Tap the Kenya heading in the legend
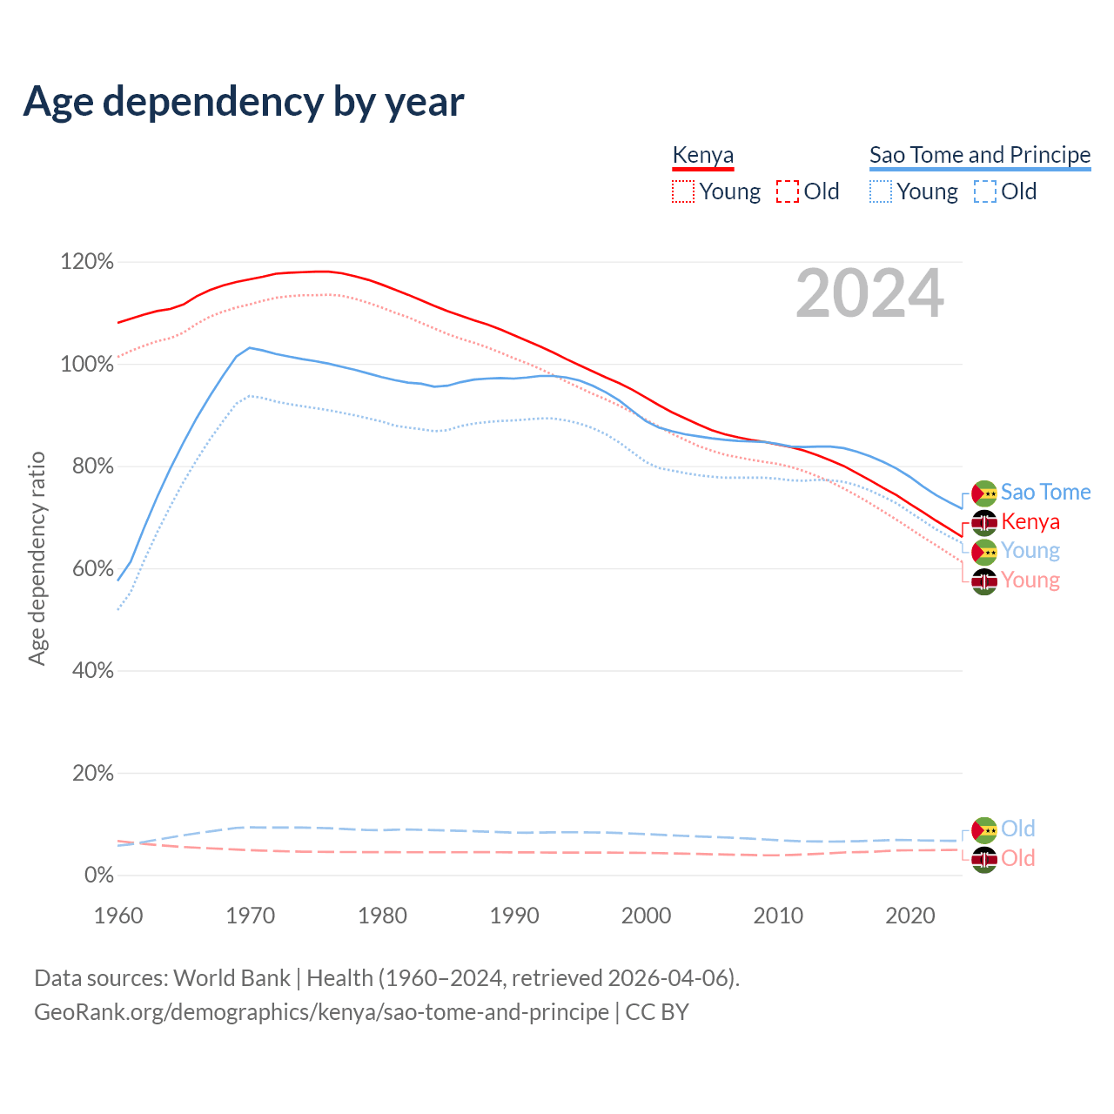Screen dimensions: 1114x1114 (703, 155)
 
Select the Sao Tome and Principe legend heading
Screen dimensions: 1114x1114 (980, 155)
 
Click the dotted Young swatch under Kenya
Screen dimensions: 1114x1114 (683, 191)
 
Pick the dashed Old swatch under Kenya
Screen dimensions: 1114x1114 (788, 191)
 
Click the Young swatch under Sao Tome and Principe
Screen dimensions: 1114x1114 (881, 191)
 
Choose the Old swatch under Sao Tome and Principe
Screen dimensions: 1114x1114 (985, 191)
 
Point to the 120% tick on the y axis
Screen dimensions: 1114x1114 (87, 262)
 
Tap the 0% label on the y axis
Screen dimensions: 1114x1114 (99, 875)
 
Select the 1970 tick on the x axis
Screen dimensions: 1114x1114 (251, 916)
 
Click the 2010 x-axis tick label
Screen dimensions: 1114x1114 (778, 916)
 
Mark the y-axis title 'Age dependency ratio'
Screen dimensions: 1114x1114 (37, 558)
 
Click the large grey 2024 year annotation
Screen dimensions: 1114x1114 (869, 294)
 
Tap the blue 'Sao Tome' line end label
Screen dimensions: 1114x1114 (1045, 493)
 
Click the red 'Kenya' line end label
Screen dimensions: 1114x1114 (1030, 522)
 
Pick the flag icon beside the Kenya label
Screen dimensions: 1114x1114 (984, 522)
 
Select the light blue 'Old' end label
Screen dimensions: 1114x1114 (1017, 829)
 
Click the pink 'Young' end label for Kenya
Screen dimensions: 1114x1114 (1030, 580)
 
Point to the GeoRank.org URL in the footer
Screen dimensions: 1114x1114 (321, 1012)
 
